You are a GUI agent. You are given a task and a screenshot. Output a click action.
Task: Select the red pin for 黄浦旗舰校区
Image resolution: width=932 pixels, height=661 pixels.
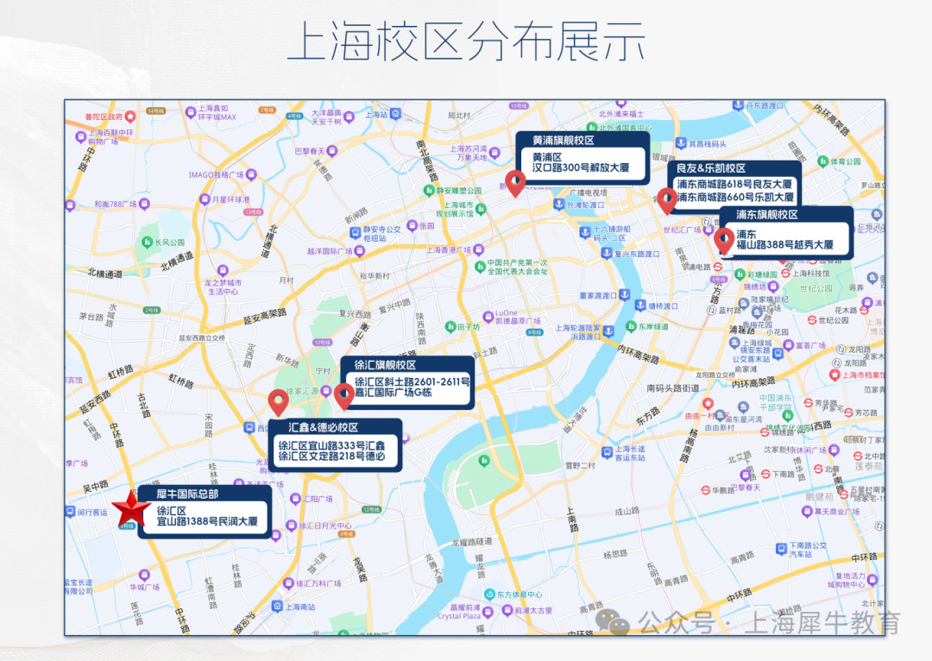point(515,183)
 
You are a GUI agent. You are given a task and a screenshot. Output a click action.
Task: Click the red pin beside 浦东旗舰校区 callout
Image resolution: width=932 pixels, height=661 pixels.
point(724,239)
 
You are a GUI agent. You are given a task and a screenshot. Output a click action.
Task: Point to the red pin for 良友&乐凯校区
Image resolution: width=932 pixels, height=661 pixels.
point(667,199)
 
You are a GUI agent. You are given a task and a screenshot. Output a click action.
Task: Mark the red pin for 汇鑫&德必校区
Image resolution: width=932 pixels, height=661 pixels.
point(277,402)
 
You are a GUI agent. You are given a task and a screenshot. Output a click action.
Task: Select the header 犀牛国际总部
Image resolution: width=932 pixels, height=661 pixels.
point(187,494)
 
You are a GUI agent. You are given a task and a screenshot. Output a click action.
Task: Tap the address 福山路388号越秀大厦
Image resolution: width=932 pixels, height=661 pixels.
point(784,245)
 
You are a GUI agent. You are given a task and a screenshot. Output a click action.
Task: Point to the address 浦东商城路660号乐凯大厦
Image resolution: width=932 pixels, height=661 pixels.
point(734,198)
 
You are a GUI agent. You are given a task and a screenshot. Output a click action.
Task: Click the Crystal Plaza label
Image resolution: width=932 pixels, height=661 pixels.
point(459,617)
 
